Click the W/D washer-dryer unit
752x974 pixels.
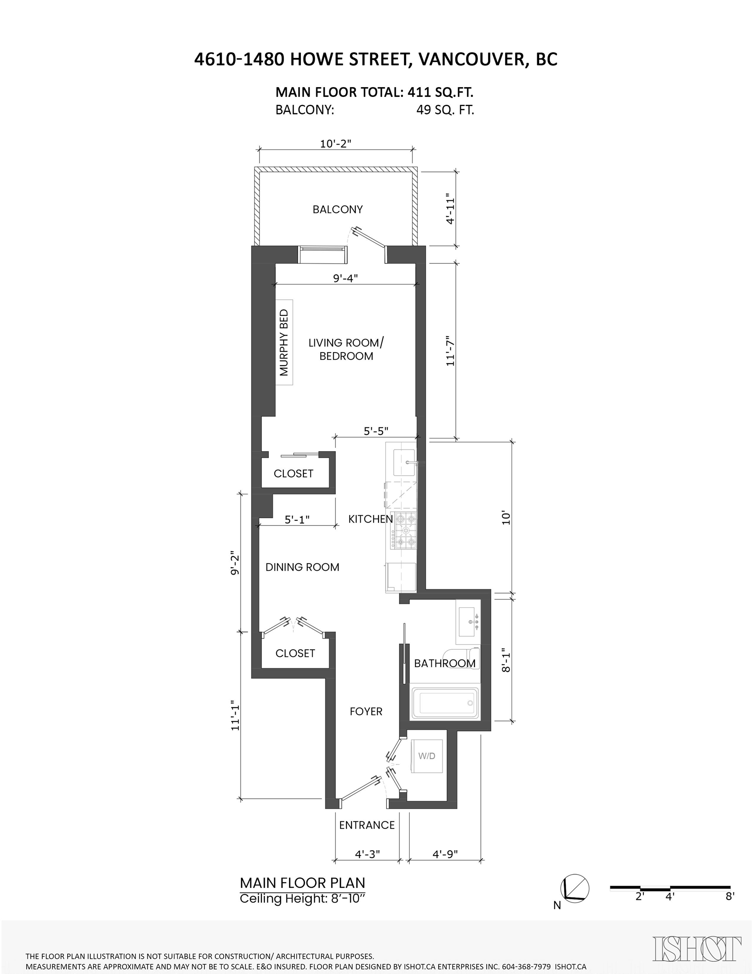(x=427, y=756)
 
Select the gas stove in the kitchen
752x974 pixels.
(x=404, y=530)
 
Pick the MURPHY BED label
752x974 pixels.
(x=284, y=342)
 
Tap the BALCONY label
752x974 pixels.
(x=338, y=209)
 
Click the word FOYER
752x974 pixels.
(x=366, y=711)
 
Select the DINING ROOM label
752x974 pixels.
(x=302, y=567)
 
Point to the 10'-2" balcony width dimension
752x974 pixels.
(x=336, y=144)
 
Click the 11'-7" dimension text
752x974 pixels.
(x=450, y=351)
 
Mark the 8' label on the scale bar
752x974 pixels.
(x=730, y=896)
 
